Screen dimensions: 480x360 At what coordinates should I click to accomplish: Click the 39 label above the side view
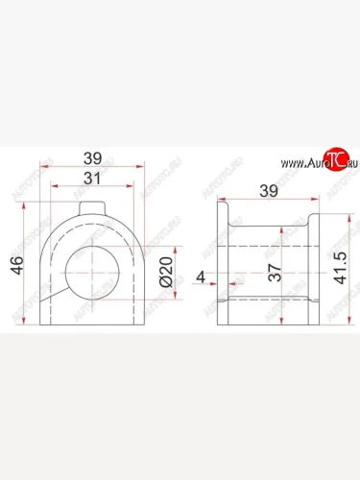[268, 191]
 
